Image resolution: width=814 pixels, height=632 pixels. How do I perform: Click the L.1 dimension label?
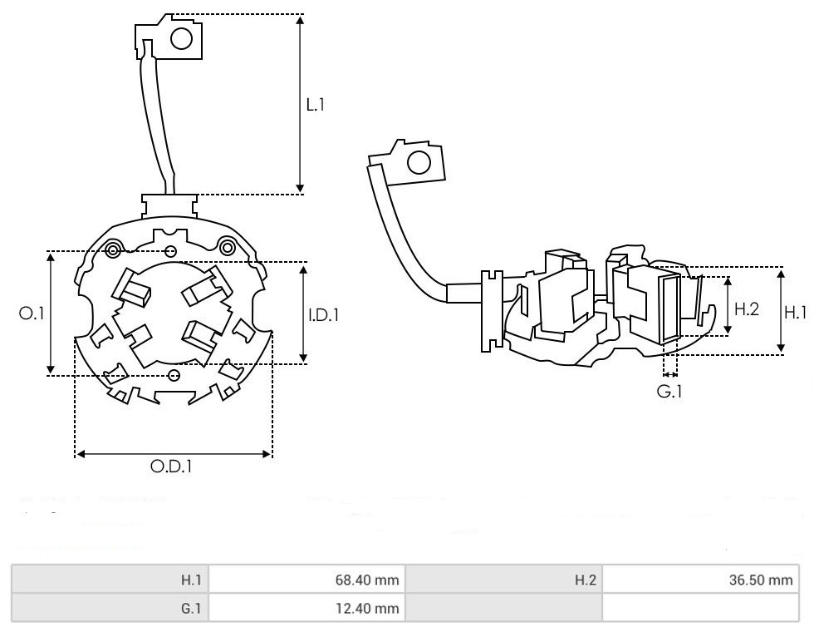tap(316, 105)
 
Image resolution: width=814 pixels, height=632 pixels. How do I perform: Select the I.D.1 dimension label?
tap(323, 315)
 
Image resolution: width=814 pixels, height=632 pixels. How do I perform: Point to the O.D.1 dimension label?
tap(171, 467)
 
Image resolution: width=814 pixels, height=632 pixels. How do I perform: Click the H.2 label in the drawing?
tap(747, 309)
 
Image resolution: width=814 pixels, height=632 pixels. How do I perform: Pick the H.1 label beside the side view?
tap(796, 312)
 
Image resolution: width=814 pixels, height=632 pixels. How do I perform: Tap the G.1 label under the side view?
tap(669, 389)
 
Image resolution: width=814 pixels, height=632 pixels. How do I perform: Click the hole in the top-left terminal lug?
tap(182, 37)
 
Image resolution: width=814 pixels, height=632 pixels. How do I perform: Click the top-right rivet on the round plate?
tap(226, 244)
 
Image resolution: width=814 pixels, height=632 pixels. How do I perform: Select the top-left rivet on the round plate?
tap(113, 248)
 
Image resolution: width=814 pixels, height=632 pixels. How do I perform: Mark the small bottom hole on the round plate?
tap(174, 376)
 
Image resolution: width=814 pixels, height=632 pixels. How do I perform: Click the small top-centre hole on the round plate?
tap(171, 250)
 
